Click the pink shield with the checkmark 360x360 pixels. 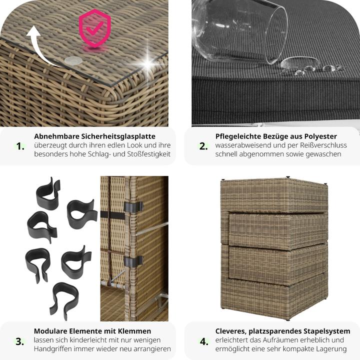94,27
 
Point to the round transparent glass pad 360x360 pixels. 73,60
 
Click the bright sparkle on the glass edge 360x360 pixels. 147,62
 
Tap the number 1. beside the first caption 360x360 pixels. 20,146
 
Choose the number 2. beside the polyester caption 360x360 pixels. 203,146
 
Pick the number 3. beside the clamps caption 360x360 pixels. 19,341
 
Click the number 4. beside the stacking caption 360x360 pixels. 204,341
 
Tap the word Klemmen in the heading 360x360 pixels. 134,331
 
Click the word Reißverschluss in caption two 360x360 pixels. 322,145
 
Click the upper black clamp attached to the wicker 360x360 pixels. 133,207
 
